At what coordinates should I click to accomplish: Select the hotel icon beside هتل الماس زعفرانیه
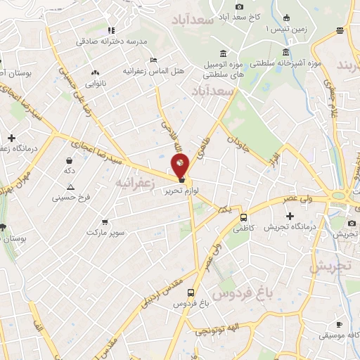click(154, 60)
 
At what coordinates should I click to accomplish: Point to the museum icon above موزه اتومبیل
click(223, 53)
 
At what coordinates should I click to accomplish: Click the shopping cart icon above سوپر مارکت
click(104, 220)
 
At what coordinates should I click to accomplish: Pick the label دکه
click(69, 171)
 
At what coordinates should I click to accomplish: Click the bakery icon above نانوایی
click(96, 72)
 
